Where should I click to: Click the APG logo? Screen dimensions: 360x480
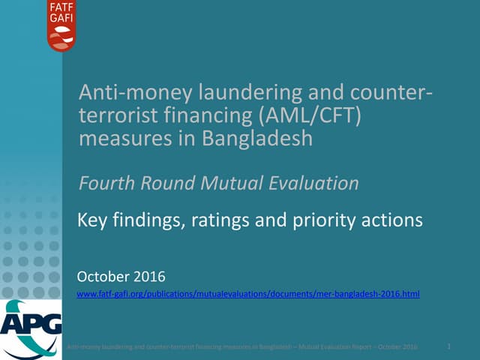coord(31,327)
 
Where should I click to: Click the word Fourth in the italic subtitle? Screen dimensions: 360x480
coord(104,183)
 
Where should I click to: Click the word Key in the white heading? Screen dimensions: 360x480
coord(92,220)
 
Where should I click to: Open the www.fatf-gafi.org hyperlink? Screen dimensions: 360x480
coord(248,295)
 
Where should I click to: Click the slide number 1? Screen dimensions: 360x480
coord(448,346)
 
